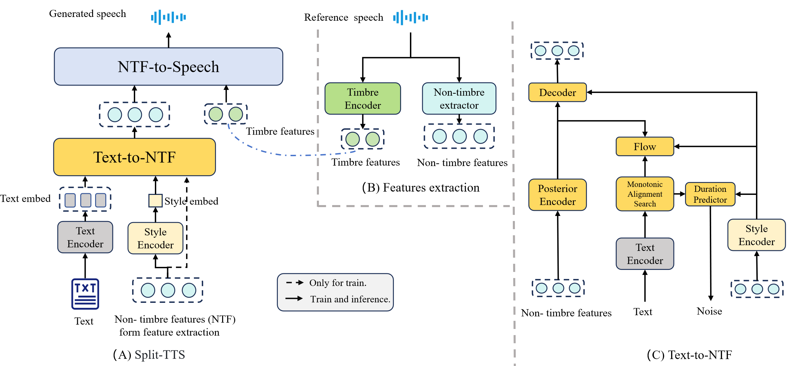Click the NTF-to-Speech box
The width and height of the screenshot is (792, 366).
coord(168,67)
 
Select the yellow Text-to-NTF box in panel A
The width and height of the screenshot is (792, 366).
coord(134,157)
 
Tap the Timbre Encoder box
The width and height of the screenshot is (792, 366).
coord(363,98)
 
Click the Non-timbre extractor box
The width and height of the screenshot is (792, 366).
coord(459,98)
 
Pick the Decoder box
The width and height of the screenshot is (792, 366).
coord(557,92)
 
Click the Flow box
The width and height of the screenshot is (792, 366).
coord(645,147)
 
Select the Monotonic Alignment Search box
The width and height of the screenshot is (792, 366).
coord(645,194)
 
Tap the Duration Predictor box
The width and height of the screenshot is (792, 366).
coord(710,194)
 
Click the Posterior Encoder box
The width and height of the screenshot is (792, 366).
coord(557,195)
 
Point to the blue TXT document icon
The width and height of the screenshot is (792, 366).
coord(85,294)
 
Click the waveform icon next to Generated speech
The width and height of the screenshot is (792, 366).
coord(168,17)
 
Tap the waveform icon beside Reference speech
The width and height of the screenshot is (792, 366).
coord(410,17)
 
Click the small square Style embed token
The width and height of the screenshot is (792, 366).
coord(155,201)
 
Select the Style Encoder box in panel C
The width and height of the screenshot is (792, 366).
coord(756,235)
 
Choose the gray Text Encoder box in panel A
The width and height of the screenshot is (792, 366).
coord(85,237)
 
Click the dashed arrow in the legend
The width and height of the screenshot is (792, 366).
coord(294,282)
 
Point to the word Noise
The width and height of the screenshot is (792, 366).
coord(709,311)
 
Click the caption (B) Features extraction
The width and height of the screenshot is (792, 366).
coord(420,187)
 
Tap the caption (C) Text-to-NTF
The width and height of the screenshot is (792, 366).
coord(689,355)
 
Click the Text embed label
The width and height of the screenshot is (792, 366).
coord(25,198)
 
